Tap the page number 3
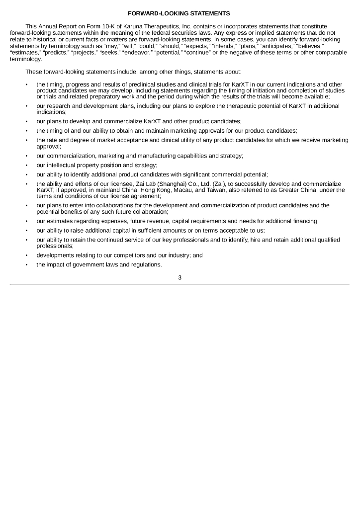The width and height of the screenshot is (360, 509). (180, 277)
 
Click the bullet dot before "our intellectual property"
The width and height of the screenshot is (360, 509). (26, 165)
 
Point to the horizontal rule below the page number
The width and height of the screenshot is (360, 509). (180, 285)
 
